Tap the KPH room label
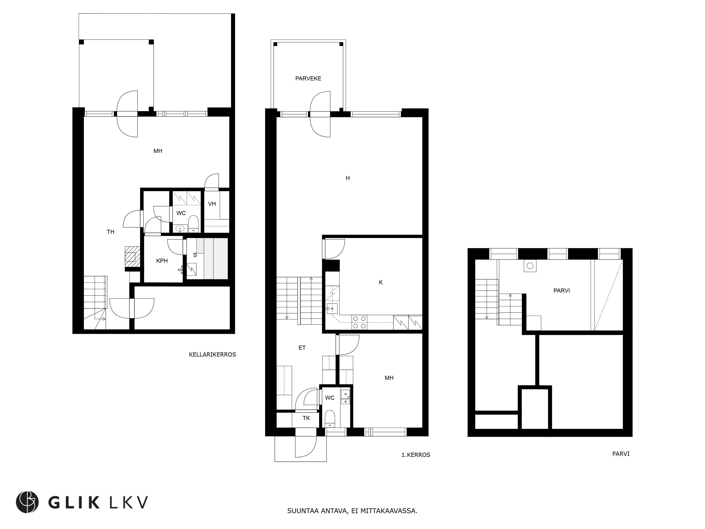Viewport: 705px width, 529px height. (x=162, y=261)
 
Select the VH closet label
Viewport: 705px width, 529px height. (x=212, y=204)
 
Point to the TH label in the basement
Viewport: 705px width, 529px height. (x=111, y=232)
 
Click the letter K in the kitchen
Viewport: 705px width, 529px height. (x=381, y=282)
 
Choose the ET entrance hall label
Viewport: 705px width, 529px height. (x=302, y=348)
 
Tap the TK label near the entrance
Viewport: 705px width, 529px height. (x=306, y=418)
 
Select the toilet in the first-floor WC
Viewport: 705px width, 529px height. (x=330, y=418)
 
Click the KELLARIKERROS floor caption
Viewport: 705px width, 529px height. (x=212, y=355)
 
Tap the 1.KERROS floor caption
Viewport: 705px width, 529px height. (x=416, y=455)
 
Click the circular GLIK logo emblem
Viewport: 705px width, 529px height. (x=27, y=502)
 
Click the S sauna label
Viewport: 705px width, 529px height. (x=195, y=255)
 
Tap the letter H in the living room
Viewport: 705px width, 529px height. (x=348, y=178)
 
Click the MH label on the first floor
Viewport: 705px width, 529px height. (x=389, y=378)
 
